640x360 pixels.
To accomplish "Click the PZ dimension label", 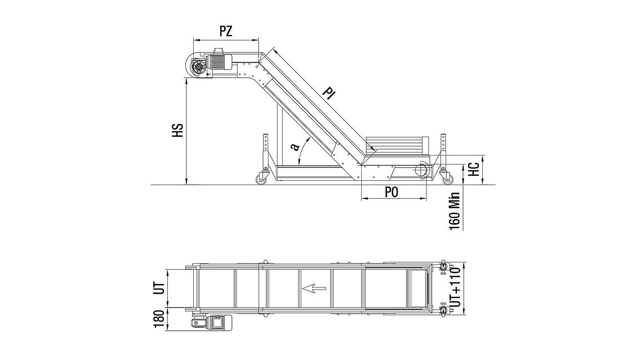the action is (226, 31).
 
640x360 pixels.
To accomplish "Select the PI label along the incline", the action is (328, 93).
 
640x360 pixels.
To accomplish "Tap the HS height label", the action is (177, 130).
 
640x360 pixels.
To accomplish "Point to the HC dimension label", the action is (473, 169).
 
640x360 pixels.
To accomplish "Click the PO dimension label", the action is (392, 192).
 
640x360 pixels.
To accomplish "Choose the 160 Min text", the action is (455, 211).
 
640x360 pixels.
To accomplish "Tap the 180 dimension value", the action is (159, 318).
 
